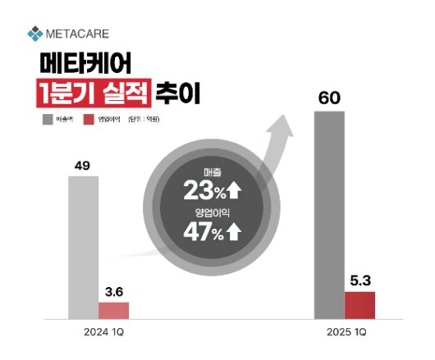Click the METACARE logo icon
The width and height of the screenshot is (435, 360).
click(x=34, y=34)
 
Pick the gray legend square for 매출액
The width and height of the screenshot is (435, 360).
click(x=48, y=120)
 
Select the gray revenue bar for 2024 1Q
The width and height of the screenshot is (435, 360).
click(x=82, y=247)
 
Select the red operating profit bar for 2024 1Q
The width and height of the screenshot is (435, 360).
click(x=113, y=310)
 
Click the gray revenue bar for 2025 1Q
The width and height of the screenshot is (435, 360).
click(x=329, y=215)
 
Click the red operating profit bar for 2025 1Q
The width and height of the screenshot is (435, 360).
click(x=359, y=304)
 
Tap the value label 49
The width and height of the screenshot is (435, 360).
click(x=82, y=166)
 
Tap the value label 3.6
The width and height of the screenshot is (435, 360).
click(x=114, y=290)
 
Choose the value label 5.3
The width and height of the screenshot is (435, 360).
click(x=359, y=279)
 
